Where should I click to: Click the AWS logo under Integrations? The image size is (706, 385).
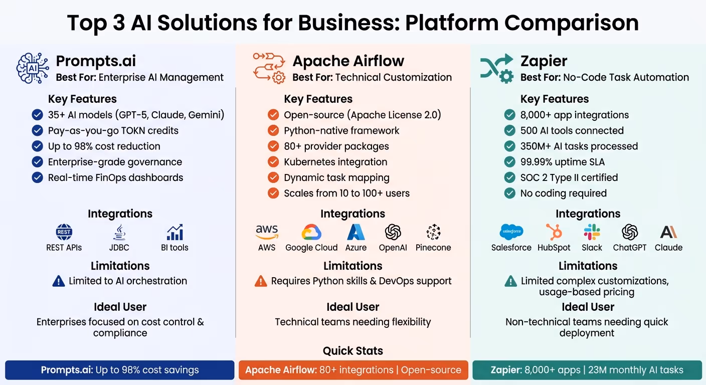click(267, 232)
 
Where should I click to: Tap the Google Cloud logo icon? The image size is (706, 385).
click(311, 232)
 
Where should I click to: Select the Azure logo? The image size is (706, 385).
click(356, 232)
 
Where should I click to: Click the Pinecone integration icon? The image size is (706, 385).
click(433, 232)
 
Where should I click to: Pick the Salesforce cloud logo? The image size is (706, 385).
click(511, 232)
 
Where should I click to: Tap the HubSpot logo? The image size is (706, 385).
click(554, 232)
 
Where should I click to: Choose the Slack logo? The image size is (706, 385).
click(592, 232)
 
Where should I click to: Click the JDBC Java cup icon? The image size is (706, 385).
click(119, 232)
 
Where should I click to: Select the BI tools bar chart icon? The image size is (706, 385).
click(175, 232)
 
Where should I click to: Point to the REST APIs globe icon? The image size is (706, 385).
click(64, 232)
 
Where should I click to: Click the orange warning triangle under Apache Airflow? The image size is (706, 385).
click(261, 281)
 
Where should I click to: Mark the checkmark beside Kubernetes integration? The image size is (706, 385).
click(273, 162)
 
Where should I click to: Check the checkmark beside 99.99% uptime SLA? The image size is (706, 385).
click(510, 162)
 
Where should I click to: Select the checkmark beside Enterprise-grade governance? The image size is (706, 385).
click(37, 162)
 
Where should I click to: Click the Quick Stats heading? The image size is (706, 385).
click(353, 351)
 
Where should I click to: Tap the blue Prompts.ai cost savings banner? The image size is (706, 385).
click(120, 370)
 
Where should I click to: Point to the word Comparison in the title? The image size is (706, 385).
click(572, 23)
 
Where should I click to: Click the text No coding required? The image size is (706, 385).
click(564, 194)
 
